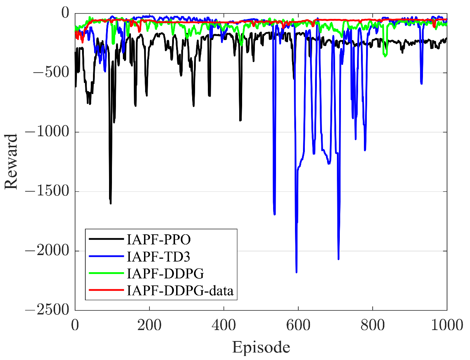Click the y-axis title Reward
[x=11, y=161]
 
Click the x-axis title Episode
[x=261, y=347]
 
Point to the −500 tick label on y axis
[x=51, y=73]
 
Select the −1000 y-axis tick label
[x=47, y=132]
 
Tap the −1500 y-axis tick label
[x=47, y=191]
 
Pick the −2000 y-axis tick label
[x=47, y=251]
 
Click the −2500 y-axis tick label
[x=47, y=310]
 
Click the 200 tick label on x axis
[x=149, y=325]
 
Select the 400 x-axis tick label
[x=224, y=325]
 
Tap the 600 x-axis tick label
[x=298, y=325]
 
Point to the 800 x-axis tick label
[x=372, y=325]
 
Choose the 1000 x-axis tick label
[x=447, y=325]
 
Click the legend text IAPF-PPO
[x=159, y=239]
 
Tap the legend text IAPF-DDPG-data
[x=180, y=290]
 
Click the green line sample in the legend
[x=106, y=273]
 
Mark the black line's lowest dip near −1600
[x=110, y=203]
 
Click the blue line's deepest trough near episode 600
[x=296, y=272]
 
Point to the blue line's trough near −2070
[x=338, y=259]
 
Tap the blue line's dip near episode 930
[x=422, y=83]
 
